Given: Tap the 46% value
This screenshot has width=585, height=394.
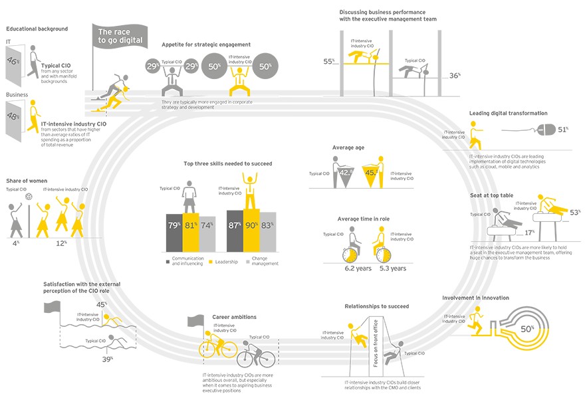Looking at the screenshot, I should click(12, 60).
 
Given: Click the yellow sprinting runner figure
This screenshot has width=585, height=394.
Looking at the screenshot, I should click(118, 93).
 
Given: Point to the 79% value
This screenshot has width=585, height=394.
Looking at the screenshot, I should click(174, 226).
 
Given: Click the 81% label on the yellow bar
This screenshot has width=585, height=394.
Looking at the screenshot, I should click(191, 226).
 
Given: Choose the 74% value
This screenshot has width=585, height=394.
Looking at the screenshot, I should click(207, 226).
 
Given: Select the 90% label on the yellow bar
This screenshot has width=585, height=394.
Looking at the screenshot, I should click(252, 226).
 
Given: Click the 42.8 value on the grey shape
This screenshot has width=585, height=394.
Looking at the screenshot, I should click(345, 173).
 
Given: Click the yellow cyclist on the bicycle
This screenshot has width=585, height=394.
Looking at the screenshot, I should click(217, 344).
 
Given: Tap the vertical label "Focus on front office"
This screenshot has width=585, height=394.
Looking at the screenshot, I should click(375, 349).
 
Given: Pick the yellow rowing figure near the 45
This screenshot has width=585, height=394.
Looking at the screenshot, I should click(110, 320).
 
